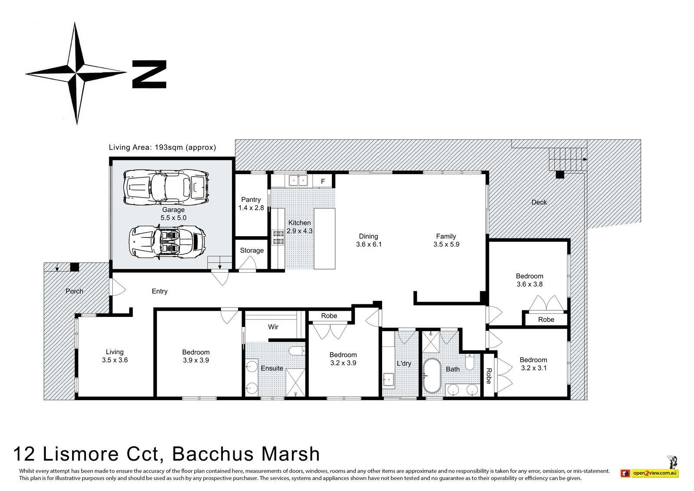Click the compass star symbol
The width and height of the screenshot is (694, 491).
pos(76,72)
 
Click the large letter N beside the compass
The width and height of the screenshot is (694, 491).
pos(149,74)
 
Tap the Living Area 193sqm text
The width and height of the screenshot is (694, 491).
pos(162,147)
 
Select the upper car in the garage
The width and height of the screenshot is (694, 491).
pos(166,187)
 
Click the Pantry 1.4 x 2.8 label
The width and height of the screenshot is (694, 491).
pos(251,204)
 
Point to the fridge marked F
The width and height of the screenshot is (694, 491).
pos(323,181)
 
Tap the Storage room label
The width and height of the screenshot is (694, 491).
pos(252,250)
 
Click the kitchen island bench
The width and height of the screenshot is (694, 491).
pos(325,238)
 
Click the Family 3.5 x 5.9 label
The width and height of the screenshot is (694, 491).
pos(446,240)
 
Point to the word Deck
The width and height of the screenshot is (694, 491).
pos(539,202)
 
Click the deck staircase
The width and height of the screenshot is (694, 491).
pos(566,160)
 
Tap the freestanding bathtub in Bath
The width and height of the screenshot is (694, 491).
pos(432,376)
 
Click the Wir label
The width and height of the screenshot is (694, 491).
pos(273,327)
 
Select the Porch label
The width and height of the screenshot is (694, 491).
pos(74,291)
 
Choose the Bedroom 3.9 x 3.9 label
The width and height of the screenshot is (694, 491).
pos(196,356)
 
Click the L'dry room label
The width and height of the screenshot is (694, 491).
pos(403,363)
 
